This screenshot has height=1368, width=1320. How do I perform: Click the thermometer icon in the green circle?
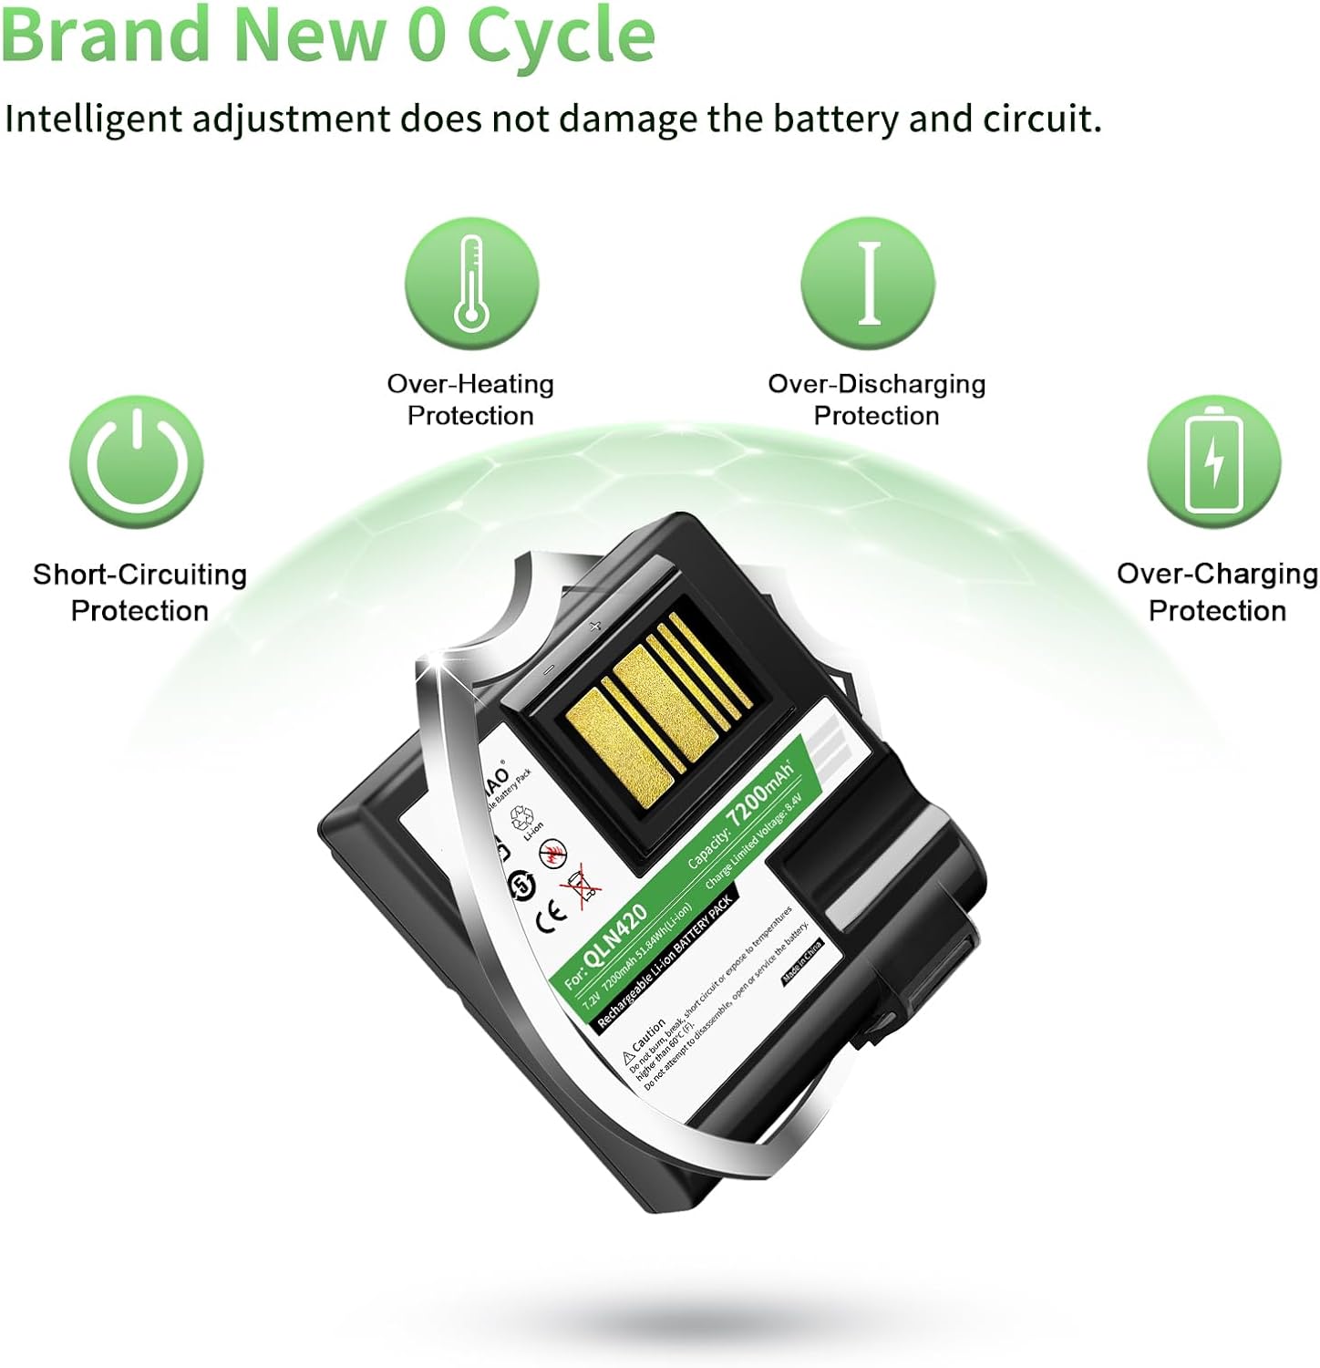(x=471, y=284)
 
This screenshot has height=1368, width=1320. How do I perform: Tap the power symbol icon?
(x=137, y=463)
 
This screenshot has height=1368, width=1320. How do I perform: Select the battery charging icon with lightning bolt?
(x=1213, y=463)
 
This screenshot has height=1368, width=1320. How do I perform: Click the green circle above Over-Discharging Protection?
(x=868, y=284)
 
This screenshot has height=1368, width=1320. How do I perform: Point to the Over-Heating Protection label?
(x=470, y=399)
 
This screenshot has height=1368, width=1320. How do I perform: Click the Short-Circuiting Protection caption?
(x=139, y=592)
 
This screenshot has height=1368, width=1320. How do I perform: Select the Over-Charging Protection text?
(x=1217, y=592)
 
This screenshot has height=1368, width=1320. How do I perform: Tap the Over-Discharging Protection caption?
(x=876, y=399)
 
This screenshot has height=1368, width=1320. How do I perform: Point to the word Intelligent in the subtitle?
(x=91, y=119)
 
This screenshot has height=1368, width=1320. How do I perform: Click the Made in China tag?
(x=803, y=959)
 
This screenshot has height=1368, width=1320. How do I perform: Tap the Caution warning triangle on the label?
(x=628, y=1057)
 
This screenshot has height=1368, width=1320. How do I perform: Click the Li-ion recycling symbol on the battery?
(x=523, y=818)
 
